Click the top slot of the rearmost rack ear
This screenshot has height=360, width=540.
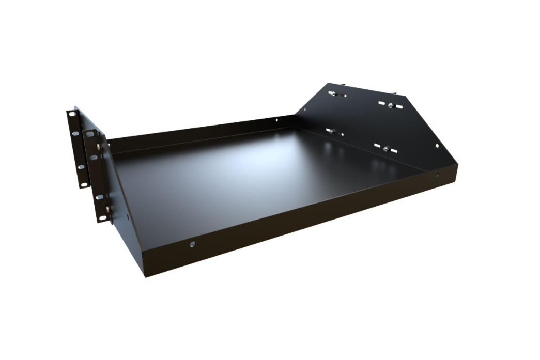click(x=70, y=114)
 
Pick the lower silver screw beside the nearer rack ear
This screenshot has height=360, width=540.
click(x=109, y=209)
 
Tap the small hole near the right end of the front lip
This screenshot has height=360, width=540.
click(x=438, y=174)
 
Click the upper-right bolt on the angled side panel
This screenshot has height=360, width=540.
click(x=391, y=105)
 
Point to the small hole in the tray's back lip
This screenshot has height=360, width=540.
click(x=276, y=120)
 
